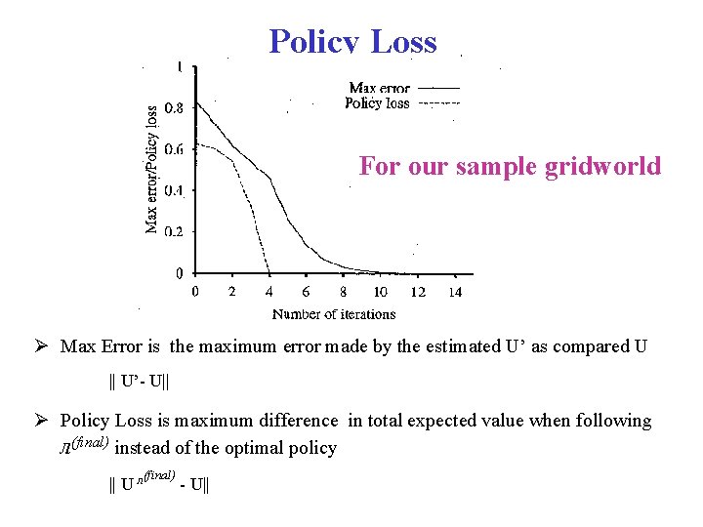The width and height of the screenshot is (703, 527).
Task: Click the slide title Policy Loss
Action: [x=352, y=42]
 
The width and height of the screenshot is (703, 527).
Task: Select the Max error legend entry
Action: [x=380, y=89]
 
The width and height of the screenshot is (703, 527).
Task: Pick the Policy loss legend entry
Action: [x=377, y=103]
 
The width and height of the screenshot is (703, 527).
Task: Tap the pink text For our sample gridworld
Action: [x=510, y=166]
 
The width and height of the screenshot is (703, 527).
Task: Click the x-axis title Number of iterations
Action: [x=334, y=314]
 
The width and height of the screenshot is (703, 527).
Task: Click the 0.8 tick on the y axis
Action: [x=172, y=108]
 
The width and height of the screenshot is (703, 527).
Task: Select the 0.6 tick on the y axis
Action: [x=172, y=149]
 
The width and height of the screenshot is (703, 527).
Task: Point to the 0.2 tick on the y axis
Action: [x=172, y=231]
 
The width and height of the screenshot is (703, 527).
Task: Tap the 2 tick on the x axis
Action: [x=231, y=292]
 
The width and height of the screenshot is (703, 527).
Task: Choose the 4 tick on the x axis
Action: [x=269, y=292]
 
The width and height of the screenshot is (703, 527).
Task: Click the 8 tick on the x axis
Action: [x=343, y=292]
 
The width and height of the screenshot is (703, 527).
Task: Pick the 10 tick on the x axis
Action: [x=380, y=292]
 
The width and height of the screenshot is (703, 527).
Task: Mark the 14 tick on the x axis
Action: [x=455, y=292]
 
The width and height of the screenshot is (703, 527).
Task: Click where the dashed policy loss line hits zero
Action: [x=269, y=272]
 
